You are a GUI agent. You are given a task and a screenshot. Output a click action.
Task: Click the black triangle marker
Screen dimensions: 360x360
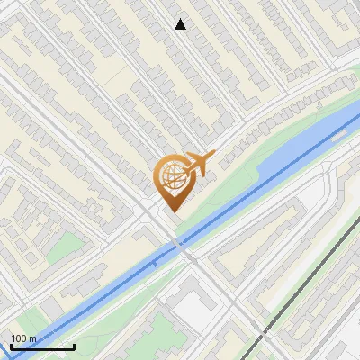[x=181, y=24]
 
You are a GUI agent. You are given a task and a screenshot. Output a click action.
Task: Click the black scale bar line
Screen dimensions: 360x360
[x=41, y=346]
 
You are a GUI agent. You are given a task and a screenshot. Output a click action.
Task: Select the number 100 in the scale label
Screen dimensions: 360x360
[x=19, y=338]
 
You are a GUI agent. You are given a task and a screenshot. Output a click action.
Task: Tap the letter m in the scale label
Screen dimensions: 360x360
[x=32, y=338]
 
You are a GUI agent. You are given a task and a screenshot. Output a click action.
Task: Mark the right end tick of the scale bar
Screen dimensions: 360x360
[x=74, y=345]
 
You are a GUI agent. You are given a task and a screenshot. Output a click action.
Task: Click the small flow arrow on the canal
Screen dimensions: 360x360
[x=155, y=264]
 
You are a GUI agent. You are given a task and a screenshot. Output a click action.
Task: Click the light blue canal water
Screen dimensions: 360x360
[x=270, y=175]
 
